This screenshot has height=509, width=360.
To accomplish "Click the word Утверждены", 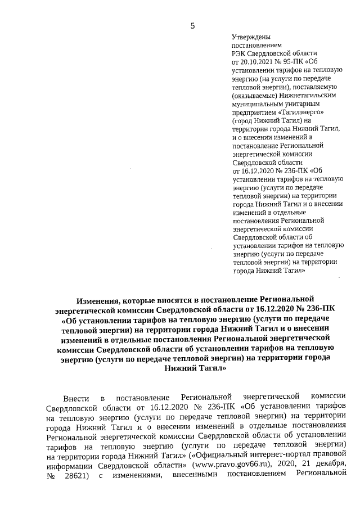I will click(250, 37).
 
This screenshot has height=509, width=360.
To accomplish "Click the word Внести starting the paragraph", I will click(76, 398).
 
